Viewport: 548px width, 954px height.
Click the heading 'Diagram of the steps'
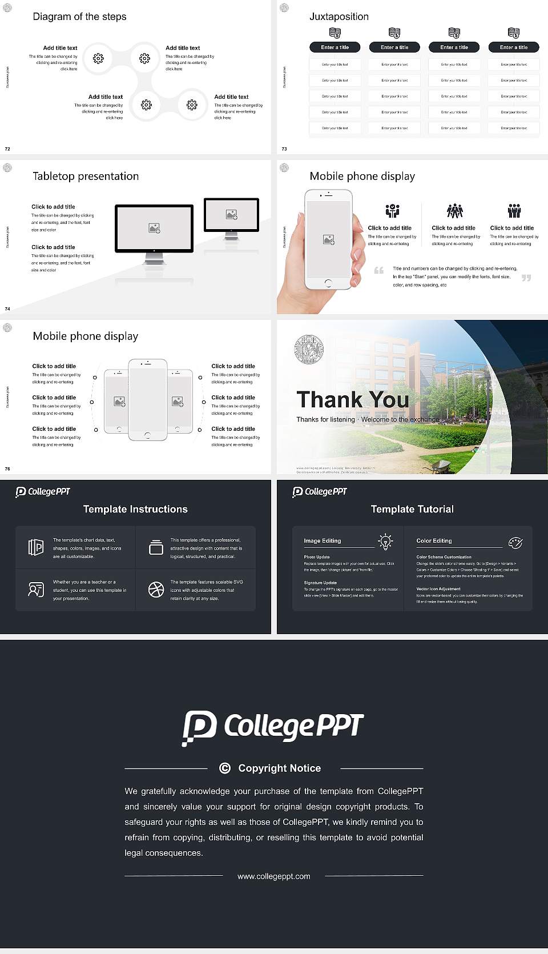pyautogui.click(x=79, y=17)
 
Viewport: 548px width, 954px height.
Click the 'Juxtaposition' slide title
pyautogui.click(x=339, y=17)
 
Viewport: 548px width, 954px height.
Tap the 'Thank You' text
pyautogui.click(x=353, y=400)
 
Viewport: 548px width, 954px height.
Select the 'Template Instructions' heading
pyautogui.click(x=135, y=509)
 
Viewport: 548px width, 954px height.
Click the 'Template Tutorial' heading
pyautogui.click(x=412, y=509)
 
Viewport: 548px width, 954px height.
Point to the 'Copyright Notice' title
pyautogui.click(x=280, y=768)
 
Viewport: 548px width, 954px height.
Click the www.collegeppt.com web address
pyautogui.click(x=274, y=876)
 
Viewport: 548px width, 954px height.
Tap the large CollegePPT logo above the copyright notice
pyautogui.click(x=273, y=727)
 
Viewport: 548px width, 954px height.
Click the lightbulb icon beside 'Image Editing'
pyautogui.click(x=386, y=541)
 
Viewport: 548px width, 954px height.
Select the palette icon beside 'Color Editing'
pyautogui.click(x=515, y=542)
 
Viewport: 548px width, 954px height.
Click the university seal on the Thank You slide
pyautogui.click(x=309, y=350)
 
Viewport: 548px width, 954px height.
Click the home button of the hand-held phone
pyautogui.click(x=328, y=283)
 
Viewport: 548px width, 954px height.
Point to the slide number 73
pyautogui.click(x=284, y=149)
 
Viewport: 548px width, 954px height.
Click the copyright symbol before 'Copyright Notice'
pyautogui.click(x=225, y=768)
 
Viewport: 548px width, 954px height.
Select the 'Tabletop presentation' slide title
pyautogui.click(x=86, y=177)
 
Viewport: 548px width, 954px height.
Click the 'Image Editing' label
pyautogui.click(x=323, y=541)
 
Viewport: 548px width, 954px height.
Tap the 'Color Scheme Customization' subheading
pyautogui.click(x=444, y=557)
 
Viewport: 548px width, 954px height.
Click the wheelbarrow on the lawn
pyautogui.click(x=439, y=467)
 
